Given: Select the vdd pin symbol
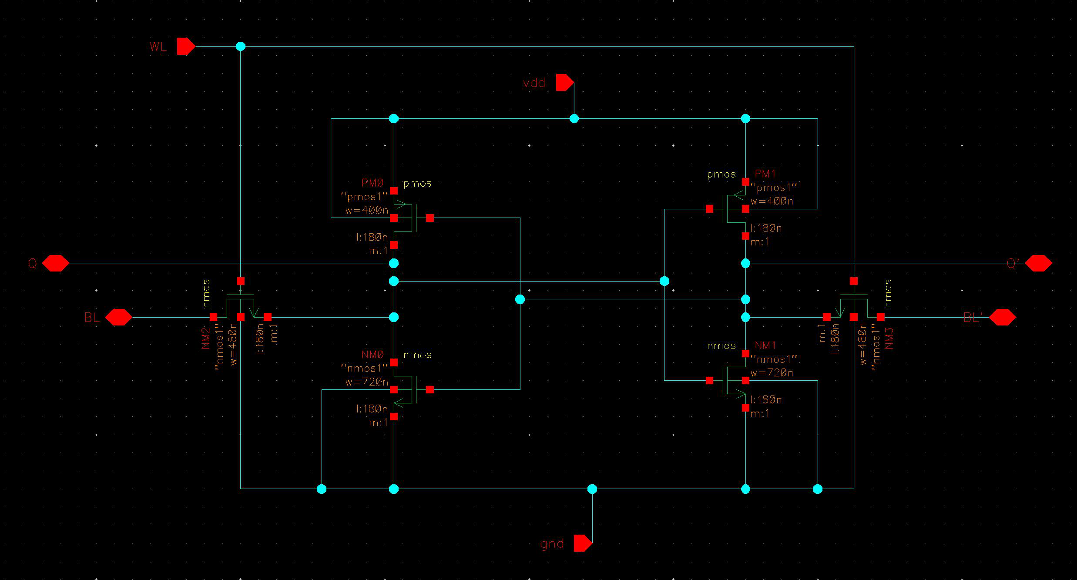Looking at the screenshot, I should [564, 82].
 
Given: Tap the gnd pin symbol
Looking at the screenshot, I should [583, 543].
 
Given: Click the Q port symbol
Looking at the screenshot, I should [55, 263].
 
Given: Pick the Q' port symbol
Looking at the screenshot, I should [1039, 263].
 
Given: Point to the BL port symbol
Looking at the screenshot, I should [118, 317].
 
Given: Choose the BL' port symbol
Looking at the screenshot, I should [1003, 317].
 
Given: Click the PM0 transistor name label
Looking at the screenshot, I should [372, 183].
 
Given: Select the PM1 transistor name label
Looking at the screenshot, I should [765, 174].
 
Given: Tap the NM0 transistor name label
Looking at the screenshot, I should [372, 355].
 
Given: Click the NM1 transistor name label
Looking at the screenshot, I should [765, 345].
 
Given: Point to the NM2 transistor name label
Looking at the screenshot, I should [206, 338].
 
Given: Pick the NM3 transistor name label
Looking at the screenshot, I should [889, 338].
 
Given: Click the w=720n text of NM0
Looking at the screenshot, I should [367, 382].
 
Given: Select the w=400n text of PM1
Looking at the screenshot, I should [772, 201].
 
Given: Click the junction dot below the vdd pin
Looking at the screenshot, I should [574, 118].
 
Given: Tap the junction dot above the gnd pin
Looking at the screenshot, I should [592, 489].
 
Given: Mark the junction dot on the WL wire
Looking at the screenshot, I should [240, 46].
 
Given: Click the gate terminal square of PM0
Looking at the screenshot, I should [430, 218].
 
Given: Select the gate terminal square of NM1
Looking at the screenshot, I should [709, 381].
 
